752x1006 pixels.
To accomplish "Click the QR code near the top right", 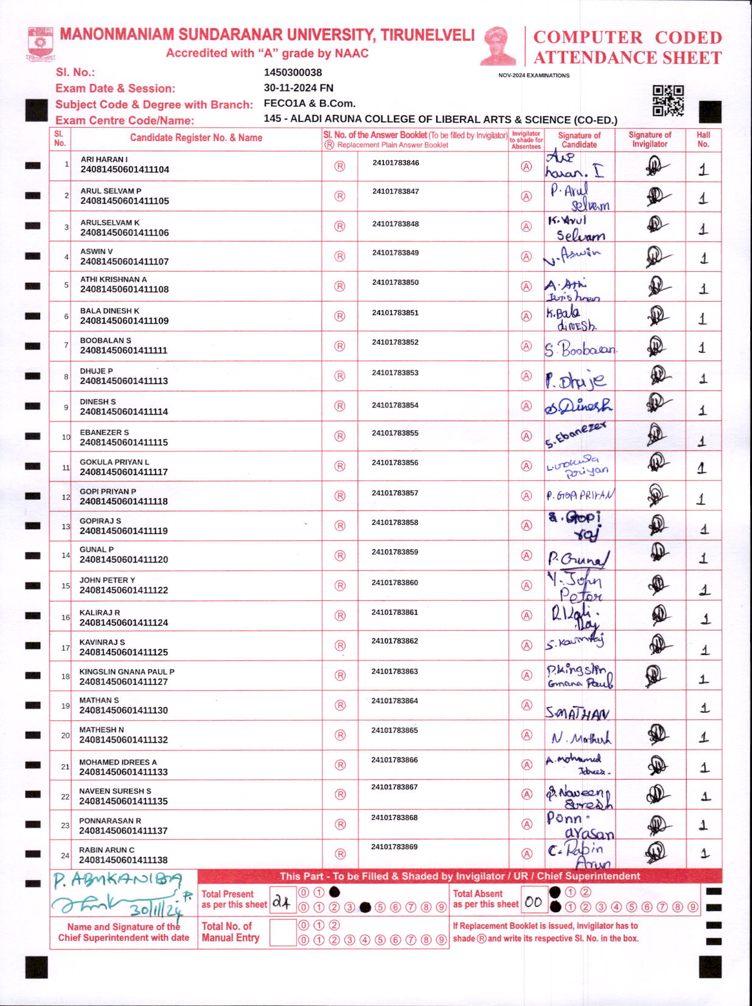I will click(667, 100).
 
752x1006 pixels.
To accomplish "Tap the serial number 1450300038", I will click(293, 72).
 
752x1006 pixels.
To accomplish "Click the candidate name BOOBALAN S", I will click(105, 341).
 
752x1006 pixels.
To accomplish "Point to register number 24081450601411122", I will click(124, 590).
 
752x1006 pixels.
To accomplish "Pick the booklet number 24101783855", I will click(395, 433).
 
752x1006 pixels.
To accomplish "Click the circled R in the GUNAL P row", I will click(339, 555).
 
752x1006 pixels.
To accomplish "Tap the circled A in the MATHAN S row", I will click(527, 705).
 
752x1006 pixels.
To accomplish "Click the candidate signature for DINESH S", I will click(578, 406).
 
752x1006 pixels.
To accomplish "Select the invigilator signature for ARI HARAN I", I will click(655, 166).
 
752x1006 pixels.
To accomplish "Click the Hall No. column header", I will click(703, 139).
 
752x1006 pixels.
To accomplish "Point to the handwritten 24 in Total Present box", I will click(281, 902).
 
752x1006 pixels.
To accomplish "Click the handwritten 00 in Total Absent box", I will click(534, 902).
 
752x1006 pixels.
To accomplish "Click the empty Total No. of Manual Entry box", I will click(282, 932).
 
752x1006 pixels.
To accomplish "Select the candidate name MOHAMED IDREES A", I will click(117, 762).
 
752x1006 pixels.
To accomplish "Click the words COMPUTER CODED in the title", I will click(627, 37).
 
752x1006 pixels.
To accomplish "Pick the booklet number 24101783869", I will click(394, 847).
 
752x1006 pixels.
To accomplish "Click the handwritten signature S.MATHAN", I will click(577, 713).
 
